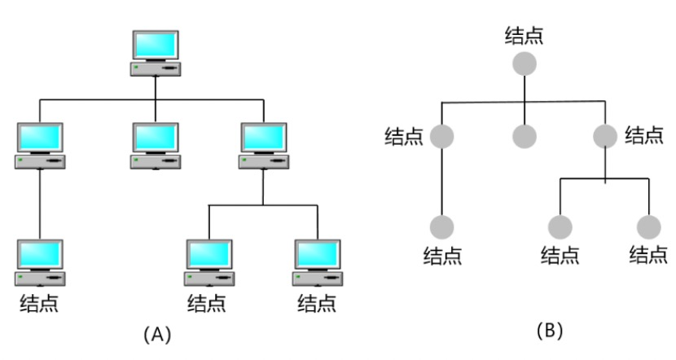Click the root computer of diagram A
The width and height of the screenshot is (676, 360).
point(155,54)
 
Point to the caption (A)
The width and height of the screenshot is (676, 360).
point(156,333)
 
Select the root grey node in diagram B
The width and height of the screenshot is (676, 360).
point(525,64)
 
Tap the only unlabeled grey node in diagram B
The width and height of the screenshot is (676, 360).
point(525,136)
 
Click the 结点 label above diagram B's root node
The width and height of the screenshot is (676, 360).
point(525,35)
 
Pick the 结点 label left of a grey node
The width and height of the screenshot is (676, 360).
point(404,136)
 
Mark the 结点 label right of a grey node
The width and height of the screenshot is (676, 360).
point(644,135)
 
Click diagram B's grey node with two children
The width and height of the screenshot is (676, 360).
point(605,136)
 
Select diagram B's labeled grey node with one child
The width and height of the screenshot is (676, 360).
point(442,136)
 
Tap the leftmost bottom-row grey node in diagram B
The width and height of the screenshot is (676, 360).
point(442,227)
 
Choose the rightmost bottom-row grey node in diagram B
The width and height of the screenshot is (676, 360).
point(649,227)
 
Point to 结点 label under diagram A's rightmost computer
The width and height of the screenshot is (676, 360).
point(318,304)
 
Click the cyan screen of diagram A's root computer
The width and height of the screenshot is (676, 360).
point(155,46)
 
